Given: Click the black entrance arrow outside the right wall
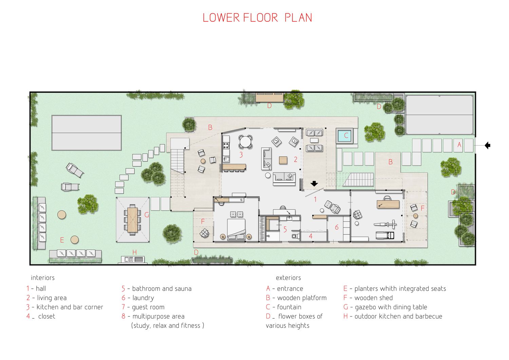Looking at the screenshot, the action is coord(487,145).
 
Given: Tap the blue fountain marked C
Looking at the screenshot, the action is coord(344,136).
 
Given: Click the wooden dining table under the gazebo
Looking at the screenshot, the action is coord(132,220).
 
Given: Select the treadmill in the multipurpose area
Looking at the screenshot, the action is coord(385,235).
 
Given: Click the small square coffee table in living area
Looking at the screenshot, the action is coord(283,160).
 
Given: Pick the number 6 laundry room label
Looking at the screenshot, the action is coord(337,227).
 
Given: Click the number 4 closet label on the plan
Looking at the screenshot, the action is coord(310,236).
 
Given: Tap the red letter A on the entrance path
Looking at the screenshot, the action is coord(459,145).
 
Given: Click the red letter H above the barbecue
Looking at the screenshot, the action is coord(134,252).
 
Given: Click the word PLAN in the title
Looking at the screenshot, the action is coord(298,18).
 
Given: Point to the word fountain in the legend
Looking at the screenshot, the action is coord(289,307).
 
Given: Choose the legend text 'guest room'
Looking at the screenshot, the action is coord(148,307).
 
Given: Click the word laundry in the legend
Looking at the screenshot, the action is coord(143,298).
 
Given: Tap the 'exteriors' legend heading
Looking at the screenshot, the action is coord(288,278).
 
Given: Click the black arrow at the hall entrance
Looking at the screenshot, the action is coord(314,183).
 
